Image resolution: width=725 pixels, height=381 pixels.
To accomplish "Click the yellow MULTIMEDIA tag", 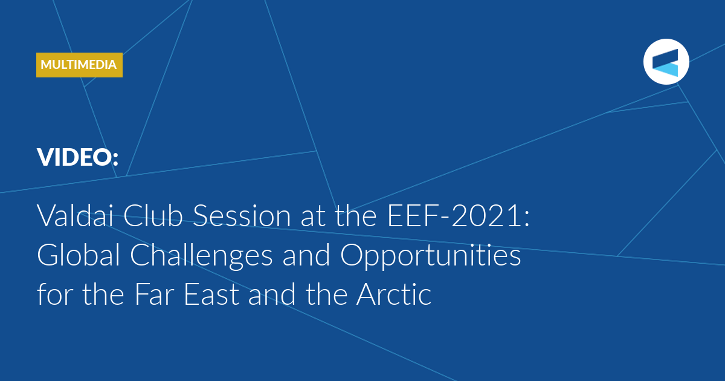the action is [79, 65].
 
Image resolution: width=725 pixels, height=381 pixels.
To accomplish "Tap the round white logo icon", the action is [666, 62].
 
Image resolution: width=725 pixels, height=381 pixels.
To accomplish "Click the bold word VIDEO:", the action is [78, 157].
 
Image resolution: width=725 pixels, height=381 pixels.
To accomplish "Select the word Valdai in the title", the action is [76, 215].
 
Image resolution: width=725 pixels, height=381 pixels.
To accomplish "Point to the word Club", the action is [153, 215].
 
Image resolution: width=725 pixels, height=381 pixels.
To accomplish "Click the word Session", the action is [242, 215].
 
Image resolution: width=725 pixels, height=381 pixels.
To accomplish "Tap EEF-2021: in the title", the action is [459, 215].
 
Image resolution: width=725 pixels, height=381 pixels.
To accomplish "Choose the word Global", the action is [79, 255].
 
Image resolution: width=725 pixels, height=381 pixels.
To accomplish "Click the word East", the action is [211, 294].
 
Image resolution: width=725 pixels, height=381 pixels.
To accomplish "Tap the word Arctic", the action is [394, 294].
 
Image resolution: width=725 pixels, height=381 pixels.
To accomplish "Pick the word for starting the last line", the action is [54, 293].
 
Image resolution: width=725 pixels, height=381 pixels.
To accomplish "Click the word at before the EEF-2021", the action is [313, 217].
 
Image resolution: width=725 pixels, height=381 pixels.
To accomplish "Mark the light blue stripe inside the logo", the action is [665, 70].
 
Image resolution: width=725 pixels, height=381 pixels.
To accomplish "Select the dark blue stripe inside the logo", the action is [665, 58].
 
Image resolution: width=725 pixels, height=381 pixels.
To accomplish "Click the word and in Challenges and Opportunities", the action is [306, 255].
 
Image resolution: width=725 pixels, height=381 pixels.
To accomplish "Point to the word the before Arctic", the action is [326, 294].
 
